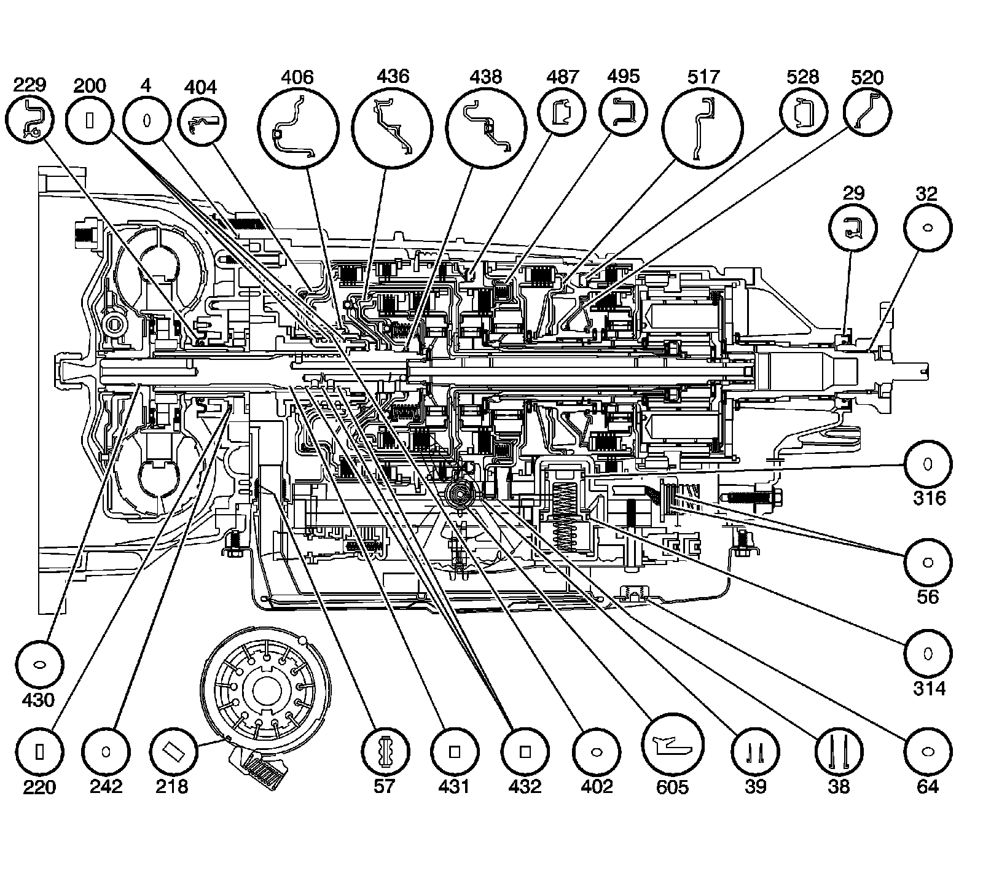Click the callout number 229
click(x=29, y=85)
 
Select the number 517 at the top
click(x=703, y=77)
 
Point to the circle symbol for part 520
click(x=867, y=111)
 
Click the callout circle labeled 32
click(x=927, y=228)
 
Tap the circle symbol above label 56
click(x=928, y=562)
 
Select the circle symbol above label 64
click(x=928, y=751)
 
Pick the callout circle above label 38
click(x=839, y=751)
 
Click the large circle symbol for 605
click(x=673, y=744)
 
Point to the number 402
click(x=597, y=786)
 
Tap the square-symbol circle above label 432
click(x=525, y=751)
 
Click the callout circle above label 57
click(x=385, y=751)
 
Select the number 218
click(x=173, y=786)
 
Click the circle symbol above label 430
click(x=39, y=664)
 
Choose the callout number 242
click(x=106, y=786)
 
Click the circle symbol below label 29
click(x=853, y=228)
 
